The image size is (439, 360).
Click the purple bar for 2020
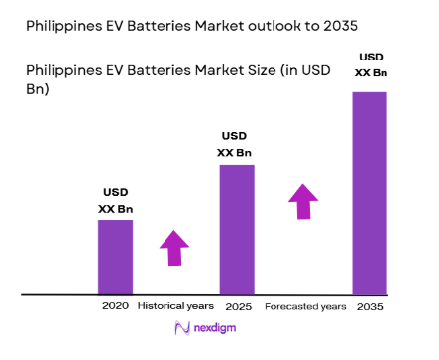[114, 256]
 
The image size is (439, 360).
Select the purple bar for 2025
[236, 228]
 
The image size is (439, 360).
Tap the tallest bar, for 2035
[369, 192]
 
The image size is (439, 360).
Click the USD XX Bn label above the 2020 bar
[115, 201]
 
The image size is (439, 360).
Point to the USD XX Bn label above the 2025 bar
[235, 143]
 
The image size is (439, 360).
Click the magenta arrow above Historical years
[174, 247]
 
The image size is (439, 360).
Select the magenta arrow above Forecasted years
[303, 200]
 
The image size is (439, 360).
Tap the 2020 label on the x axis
[115, 306]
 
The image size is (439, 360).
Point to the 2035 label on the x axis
[369, 306]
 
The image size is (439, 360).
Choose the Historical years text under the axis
[174, 306]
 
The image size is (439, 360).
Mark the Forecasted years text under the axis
[305, 306]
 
